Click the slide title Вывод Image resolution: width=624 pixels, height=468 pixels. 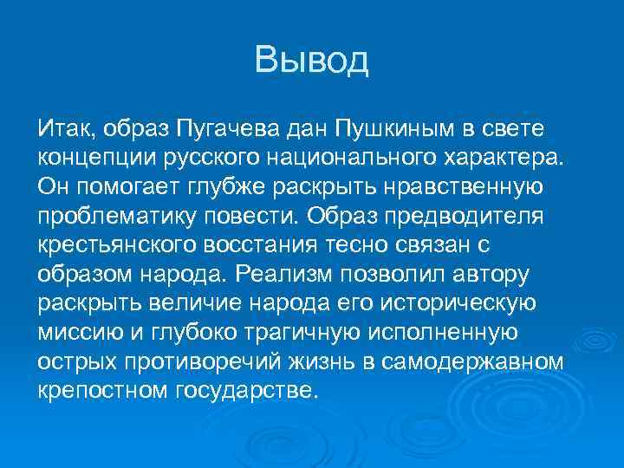pyautogui.click(x=312, y=60)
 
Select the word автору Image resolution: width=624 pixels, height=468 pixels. pyautogui.click(x=487, y=272)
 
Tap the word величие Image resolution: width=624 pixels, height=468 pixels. pyautogui.click(x=191, y=301)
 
